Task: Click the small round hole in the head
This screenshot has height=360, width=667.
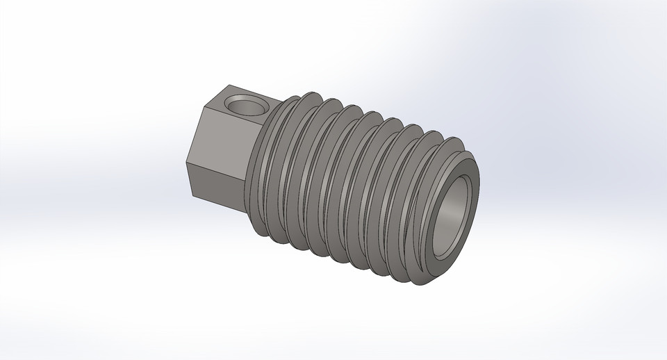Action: [x=247, y=106]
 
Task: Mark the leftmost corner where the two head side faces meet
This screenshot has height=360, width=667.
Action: [x=186, y=164]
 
